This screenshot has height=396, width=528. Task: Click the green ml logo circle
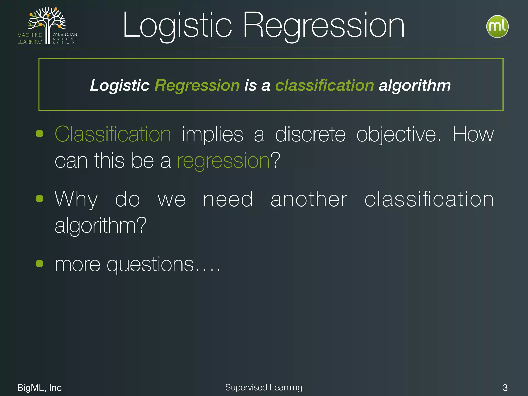click(x=497, y=27)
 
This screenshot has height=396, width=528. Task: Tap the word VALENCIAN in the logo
click(x=65, y=34)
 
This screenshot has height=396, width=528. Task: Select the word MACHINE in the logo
click(x=30, y=35)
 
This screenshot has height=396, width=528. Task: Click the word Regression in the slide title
click(x=324, y=26)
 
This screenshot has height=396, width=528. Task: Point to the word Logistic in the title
click(x=177, y=26)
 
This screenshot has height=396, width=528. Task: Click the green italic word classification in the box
click(x=325, y=85)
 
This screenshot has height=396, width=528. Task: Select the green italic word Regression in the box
click(x=197, y=85)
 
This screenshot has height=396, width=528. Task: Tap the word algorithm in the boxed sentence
click(x=415, y=85)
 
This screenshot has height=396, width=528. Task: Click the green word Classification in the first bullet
click(x=113, y=134)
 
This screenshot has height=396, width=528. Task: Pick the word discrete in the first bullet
click(x=310, y=134)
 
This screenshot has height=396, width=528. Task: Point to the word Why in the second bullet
click(x=76, y=200)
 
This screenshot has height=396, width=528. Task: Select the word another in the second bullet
click(x=309, y=200)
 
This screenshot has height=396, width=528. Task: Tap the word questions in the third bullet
click(x=150, y=265)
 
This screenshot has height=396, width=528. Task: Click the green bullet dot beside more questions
click(x=39, y=263)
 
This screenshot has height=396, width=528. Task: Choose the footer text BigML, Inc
click(x=39, y=387)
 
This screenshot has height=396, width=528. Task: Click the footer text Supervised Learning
click(x=264, y=387)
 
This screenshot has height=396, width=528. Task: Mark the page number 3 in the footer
click(x=505, y=387)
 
